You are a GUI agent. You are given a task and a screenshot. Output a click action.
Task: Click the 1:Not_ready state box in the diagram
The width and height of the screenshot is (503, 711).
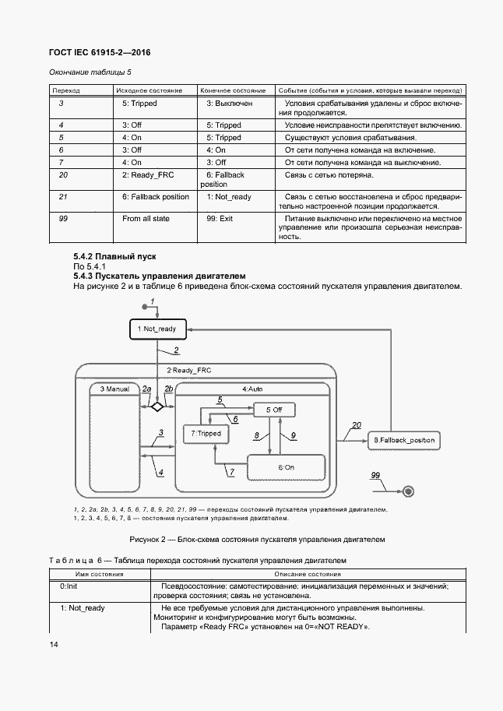(x=157, y=329)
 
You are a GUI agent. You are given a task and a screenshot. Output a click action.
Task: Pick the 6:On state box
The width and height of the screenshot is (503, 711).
(x=286, y=466)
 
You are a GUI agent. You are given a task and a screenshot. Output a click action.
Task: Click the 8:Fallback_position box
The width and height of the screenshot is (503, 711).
(x=403, y=441)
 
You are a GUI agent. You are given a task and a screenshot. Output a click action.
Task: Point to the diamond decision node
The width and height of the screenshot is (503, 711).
(x=157, y=407)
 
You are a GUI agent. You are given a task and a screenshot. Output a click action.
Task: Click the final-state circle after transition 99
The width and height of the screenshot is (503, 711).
(x=408, y=490)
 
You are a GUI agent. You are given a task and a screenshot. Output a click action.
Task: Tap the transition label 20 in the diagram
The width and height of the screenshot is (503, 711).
(x=356, y=425)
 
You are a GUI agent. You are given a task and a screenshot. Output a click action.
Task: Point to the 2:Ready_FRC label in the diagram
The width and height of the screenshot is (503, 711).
(x=189, y=370)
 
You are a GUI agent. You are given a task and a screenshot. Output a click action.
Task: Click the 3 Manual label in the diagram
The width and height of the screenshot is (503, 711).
(x=114, y=388)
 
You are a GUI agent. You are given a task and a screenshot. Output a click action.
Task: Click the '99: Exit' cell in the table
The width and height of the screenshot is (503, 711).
(x=220, y=219)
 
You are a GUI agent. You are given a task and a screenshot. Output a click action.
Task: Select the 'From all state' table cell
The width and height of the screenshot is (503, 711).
(x=146, y=219)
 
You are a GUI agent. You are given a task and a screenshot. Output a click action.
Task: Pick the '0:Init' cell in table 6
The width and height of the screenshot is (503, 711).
(x=69, y=586)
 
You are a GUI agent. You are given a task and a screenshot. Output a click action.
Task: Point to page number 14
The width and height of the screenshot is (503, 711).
(x=54, y=644)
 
